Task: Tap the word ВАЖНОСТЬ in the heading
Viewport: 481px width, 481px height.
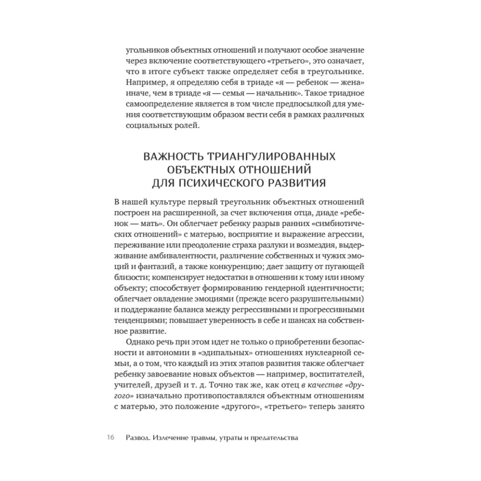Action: [172, 157]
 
